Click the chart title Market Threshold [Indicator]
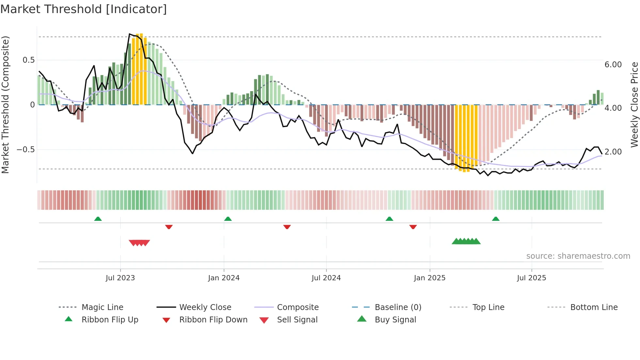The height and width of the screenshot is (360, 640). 84,9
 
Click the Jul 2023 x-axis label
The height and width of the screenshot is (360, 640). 120,278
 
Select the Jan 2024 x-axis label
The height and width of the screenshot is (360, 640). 224,278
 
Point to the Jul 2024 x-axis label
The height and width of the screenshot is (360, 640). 326,278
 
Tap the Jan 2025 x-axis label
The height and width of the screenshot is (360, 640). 429,278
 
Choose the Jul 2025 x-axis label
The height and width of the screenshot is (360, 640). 531,278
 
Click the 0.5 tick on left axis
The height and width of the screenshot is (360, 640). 29,60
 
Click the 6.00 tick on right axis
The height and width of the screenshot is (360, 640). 613,65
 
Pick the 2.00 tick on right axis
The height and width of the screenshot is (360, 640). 613,152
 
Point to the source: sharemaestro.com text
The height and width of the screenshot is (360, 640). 578,256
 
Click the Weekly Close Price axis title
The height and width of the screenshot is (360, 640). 634,105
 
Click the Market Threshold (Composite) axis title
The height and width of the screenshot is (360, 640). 5,105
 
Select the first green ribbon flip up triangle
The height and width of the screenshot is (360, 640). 98,219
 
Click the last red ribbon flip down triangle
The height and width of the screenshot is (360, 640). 413,227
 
